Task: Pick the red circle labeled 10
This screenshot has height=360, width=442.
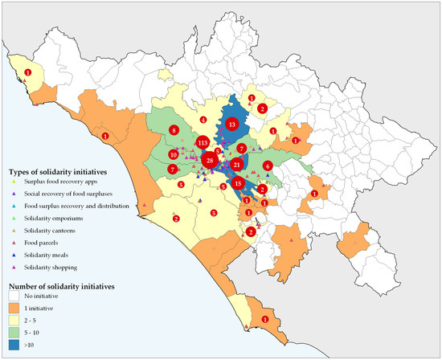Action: coord(173,154)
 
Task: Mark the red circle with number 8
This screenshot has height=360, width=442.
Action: coord(173,130)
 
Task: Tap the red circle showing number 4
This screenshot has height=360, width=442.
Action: coord(203,120)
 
